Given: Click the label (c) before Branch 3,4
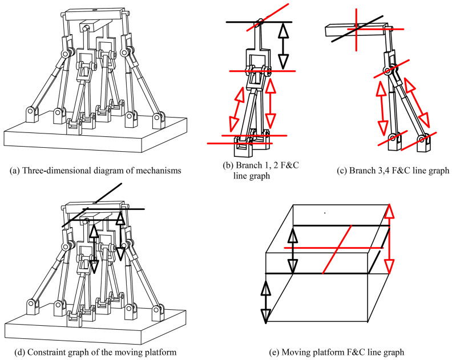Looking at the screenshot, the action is (342, 171).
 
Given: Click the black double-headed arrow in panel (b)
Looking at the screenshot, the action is (284, 46).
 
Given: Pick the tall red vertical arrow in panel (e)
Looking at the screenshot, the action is (389, 238).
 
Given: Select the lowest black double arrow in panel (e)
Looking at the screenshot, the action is (266, 302).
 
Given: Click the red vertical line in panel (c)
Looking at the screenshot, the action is (356, 30).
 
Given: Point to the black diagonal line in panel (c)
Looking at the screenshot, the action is (357, 29).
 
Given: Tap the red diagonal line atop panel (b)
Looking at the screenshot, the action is (268, 17).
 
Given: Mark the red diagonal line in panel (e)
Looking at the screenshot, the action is (337, 249).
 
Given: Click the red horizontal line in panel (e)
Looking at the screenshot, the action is (334, 248).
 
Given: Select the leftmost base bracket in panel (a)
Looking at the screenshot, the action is (32, 114).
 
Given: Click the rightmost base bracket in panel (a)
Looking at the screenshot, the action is (158, 120).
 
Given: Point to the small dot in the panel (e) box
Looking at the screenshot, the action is (325, 213).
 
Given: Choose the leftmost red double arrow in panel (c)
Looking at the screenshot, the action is (382, 107).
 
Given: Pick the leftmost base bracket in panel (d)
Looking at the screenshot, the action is (33, 308).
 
